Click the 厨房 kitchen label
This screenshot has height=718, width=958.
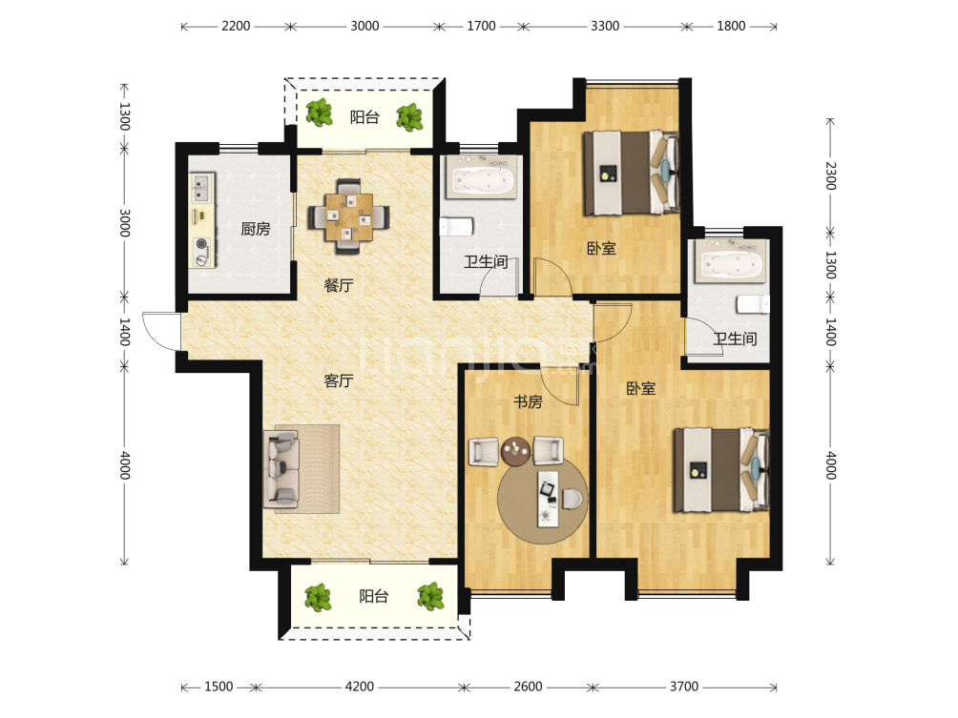(x=256, y=229)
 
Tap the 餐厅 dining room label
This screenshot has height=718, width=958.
(x=339, y=285)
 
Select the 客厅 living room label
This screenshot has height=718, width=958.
(x=339, y=381)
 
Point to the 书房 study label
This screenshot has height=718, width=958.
(x=528, y=401)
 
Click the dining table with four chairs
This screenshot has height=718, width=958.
(x=348, y=216)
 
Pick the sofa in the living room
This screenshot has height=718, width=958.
(x=281, y=469)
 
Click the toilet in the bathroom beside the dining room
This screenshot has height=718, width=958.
(x=456, y=227)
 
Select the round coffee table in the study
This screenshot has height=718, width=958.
(x=515, y=451)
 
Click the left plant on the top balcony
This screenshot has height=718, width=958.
(x=319, y=113)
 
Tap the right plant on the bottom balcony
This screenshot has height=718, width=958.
(x=430, y=597)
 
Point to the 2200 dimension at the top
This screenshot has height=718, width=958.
(x=236, y=27)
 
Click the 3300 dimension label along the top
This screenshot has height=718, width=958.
(x=605, y=27)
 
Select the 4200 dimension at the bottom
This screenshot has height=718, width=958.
(x=359, y=687)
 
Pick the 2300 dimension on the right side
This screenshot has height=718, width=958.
(x=830, y=175)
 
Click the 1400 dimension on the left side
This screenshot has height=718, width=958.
(x=124, y=332)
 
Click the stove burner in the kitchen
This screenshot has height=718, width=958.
(x=201, y=244)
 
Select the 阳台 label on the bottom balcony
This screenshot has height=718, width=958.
(x=374, y=597)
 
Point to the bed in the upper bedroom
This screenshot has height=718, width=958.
(x=631, y=173)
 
